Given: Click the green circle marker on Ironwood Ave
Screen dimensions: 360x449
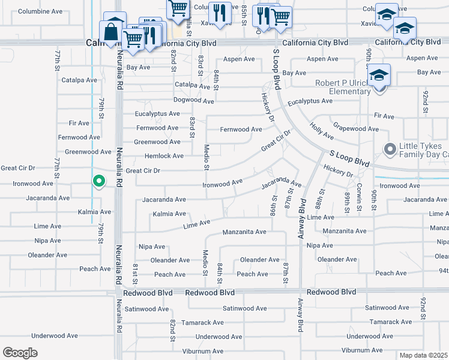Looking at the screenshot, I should click(99, 180).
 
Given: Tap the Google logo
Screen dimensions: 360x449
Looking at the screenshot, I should click(20, 352).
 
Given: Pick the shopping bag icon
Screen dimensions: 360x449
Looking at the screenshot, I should click(112, 32).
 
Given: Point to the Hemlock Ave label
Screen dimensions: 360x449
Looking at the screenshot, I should click(164, 156).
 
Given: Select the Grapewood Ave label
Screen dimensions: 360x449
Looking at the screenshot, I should click(356, 128).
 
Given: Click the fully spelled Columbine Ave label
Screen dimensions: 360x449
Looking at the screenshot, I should click(40, 11).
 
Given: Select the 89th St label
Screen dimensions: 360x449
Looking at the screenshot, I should click(347, 203).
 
